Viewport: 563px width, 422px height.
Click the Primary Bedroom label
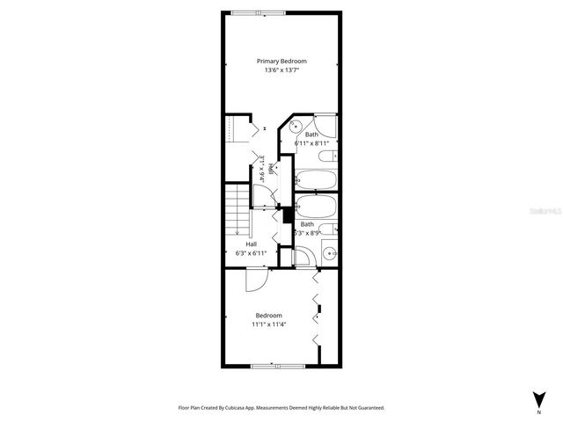(x=282, y=62)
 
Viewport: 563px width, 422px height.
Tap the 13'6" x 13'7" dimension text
(x=282, y=71)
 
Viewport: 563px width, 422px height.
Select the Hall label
(x=252, y=244)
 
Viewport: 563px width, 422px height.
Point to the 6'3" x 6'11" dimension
(x=252, y=253)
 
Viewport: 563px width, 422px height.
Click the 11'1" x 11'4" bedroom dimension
(x=269, y=324)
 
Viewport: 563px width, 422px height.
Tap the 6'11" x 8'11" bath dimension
(x=311, y=143)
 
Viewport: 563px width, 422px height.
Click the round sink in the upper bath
(x=296, y=126)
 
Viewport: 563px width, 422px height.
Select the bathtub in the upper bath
(x=315, y=180)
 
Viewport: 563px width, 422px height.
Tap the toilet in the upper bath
(x=326, y=156)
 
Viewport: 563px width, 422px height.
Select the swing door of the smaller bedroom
(x=252, y=280)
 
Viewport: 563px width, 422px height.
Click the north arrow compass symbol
(x=537, y=398)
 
